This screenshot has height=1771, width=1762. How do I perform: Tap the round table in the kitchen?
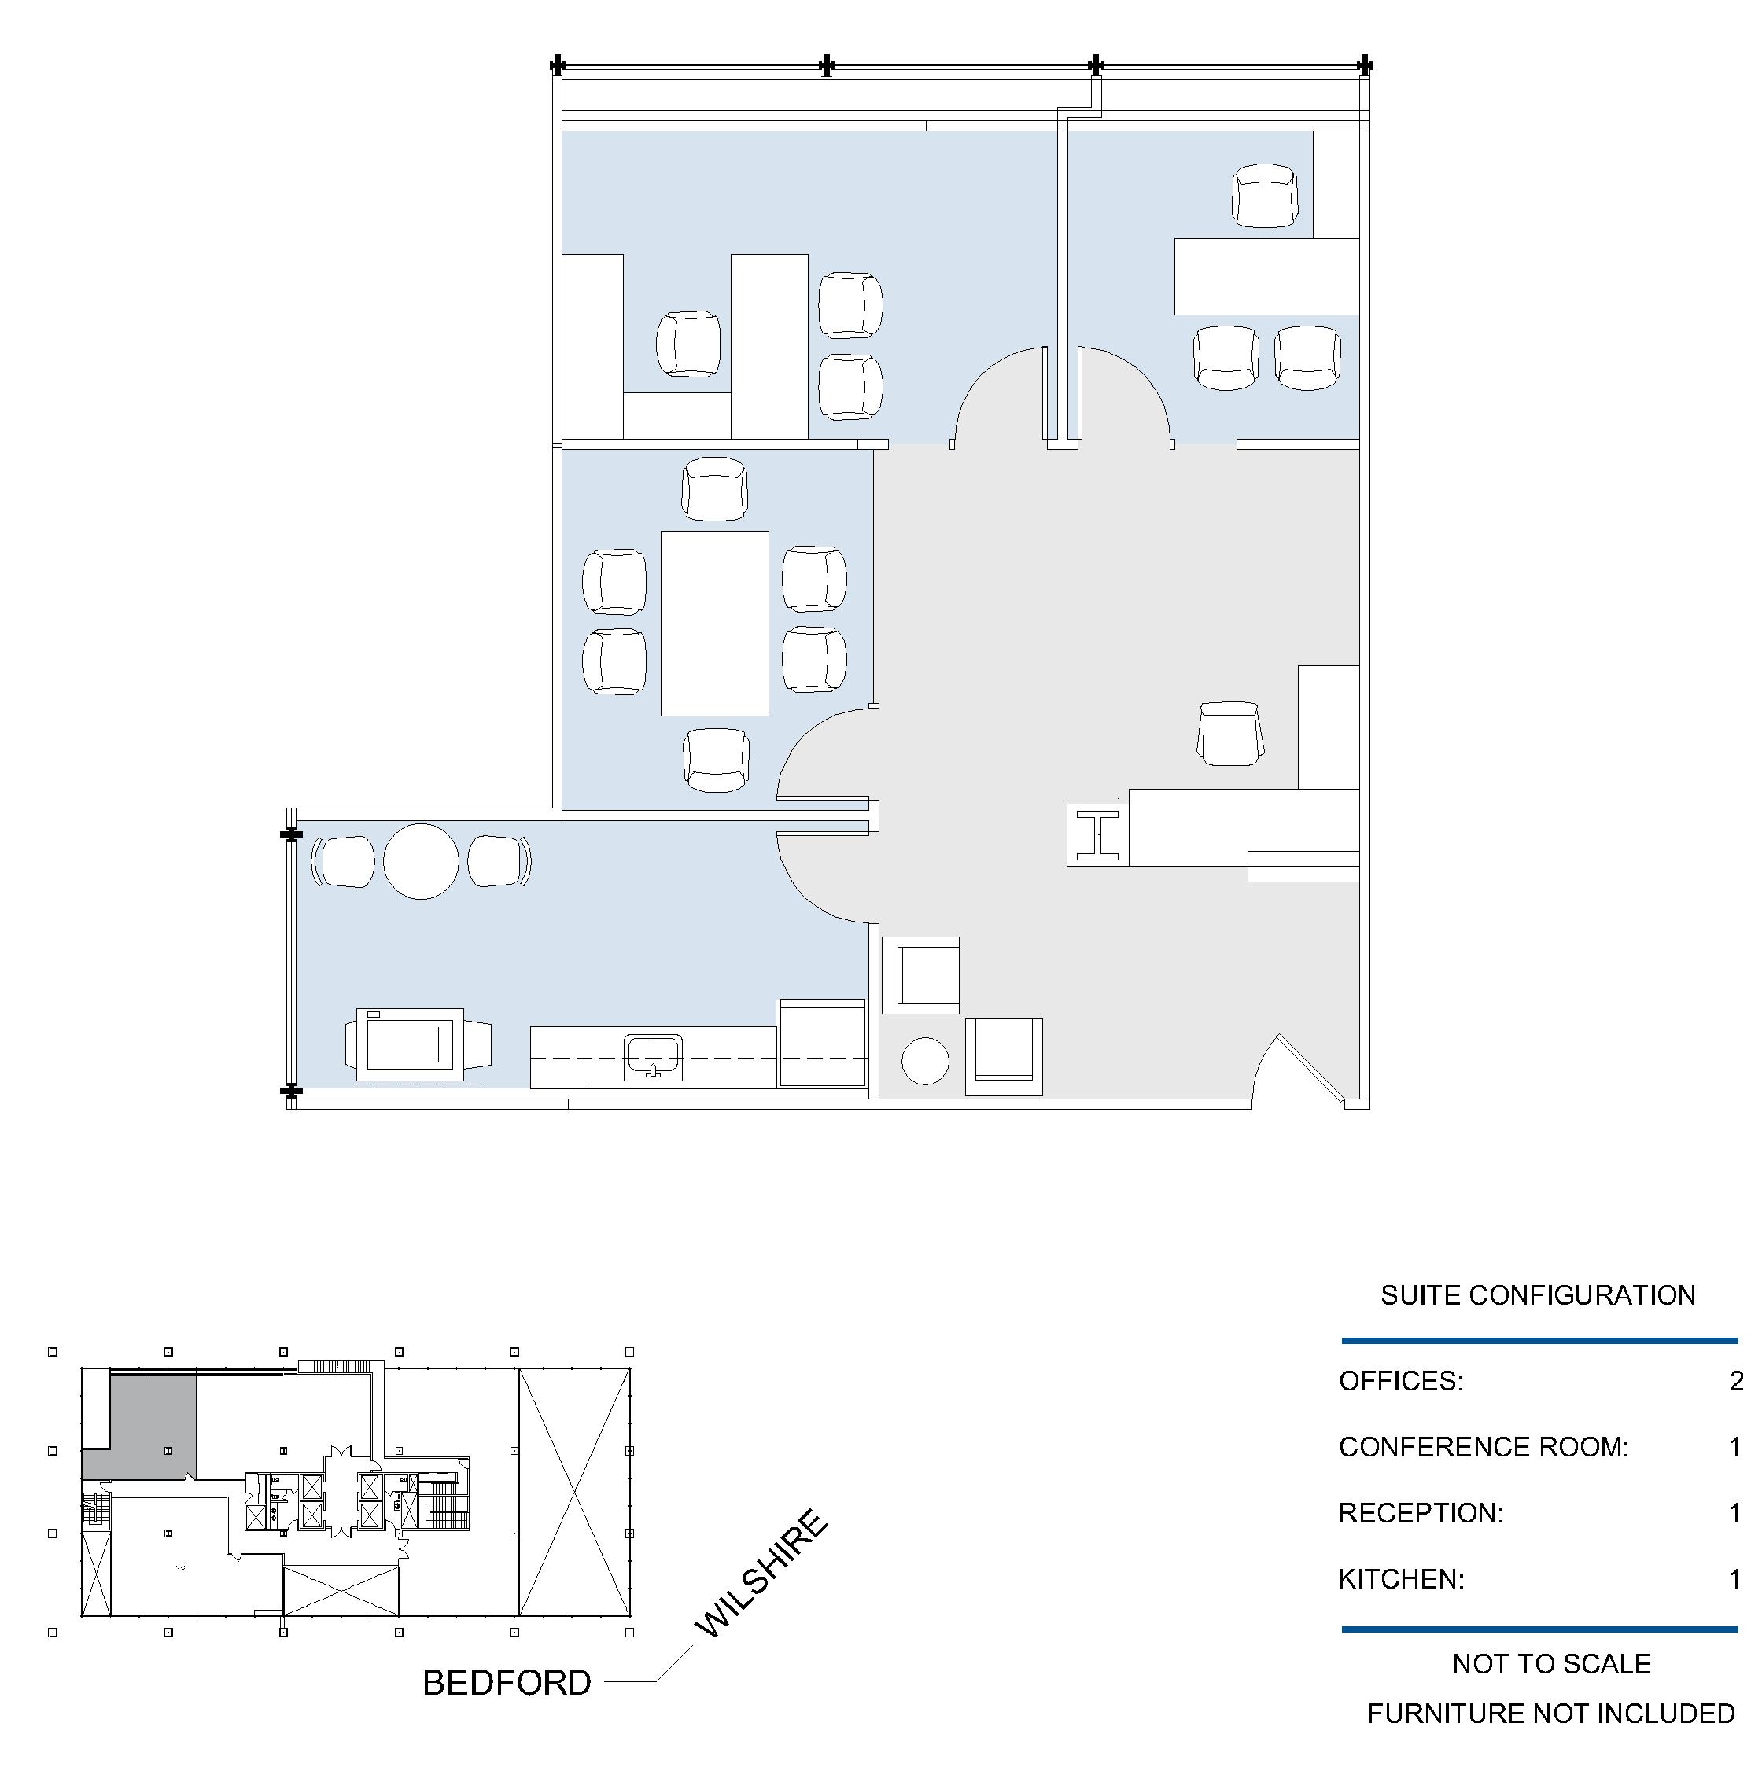[x=421, y=861]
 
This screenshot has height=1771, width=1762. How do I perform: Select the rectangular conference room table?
[x=715, y=624]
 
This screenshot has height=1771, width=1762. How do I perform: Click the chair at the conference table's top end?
[x=714, y=488]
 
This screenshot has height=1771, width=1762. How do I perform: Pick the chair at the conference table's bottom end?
[x=716, y=760]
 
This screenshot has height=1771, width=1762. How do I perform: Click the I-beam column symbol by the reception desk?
[x=1097, y=835]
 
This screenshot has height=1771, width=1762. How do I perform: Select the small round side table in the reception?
[x=925, y=1061]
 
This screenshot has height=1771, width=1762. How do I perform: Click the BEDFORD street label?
[x=506, y=1682]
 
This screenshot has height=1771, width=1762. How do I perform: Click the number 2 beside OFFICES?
[x=1735, y=1380]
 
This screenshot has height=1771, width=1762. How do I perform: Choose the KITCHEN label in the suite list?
[x=1401, y=1578]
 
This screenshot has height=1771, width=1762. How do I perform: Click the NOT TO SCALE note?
[x=1551, y=1664]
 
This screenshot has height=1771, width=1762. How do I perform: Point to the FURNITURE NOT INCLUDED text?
[x=1551, y=1714]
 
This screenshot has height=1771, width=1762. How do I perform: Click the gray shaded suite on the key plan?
[x=151, y=1423]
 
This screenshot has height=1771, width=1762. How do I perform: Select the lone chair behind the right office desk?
[x=1265, y=195]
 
